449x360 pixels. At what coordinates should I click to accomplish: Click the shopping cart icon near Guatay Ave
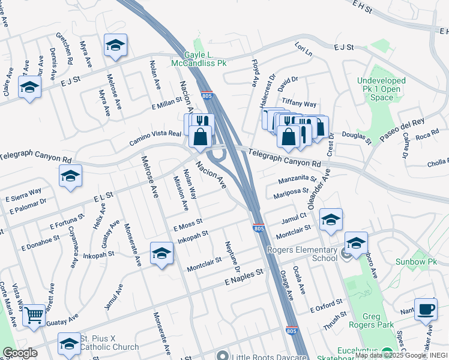coord(34,314)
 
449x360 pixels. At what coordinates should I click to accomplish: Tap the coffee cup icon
coord(426,308)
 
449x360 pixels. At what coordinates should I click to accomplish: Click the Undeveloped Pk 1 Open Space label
coord(382,89)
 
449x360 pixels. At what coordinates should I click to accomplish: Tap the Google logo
coord(20,353)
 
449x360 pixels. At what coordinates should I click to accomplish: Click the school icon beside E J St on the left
coord(29,87)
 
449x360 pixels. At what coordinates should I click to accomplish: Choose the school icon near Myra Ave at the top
coord(115,45)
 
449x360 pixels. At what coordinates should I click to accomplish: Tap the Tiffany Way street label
coord(299,104)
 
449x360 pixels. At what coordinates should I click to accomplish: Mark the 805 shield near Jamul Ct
coord(258,229)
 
